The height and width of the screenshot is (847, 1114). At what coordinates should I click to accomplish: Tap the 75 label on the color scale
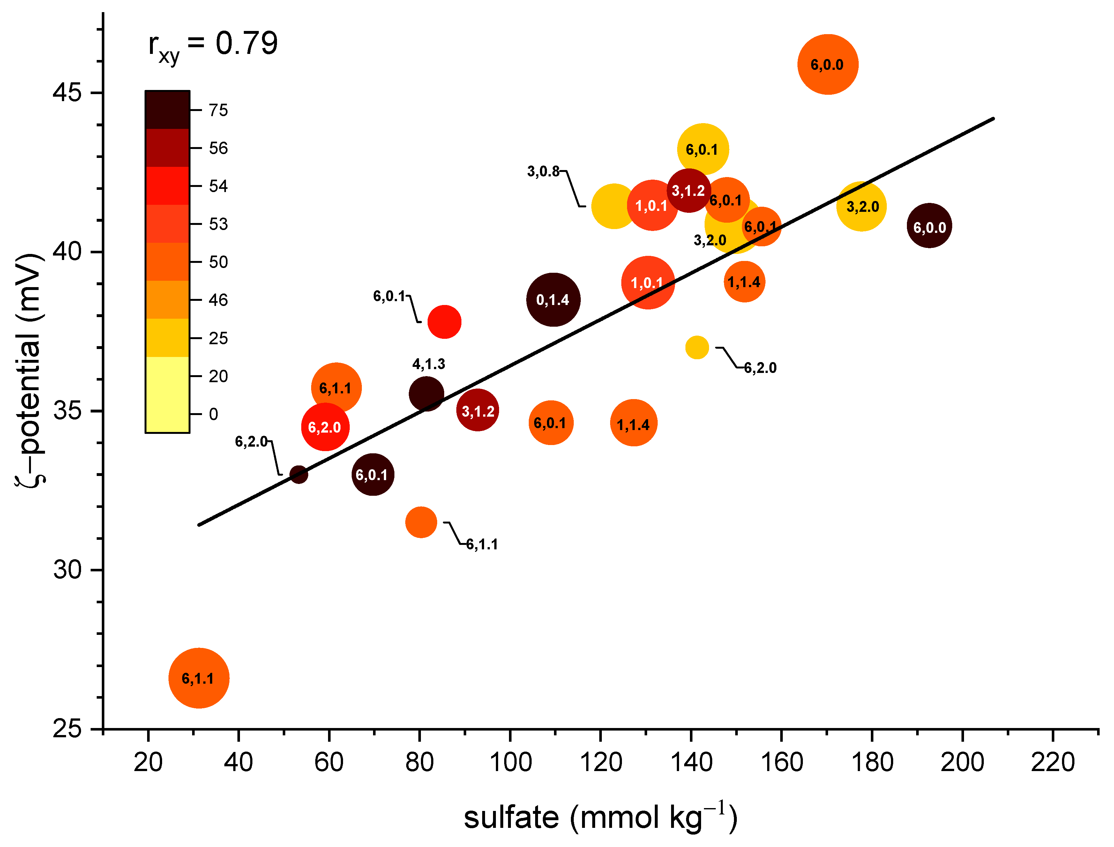click(218, 110)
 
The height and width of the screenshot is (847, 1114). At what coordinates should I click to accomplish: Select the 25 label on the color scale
click(218, 338)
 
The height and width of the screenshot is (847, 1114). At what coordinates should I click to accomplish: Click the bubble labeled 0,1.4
click(553, 300)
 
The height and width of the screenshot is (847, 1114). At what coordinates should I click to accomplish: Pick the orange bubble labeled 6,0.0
click(827, 64)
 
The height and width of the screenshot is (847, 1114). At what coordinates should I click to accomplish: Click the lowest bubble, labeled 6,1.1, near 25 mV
click(199, 678)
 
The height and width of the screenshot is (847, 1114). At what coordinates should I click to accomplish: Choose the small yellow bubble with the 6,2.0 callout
click(697, 347)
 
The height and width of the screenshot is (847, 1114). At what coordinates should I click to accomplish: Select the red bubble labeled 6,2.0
click(325, 427)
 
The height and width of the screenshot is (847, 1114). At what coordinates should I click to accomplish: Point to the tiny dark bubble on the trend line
click(299, 474)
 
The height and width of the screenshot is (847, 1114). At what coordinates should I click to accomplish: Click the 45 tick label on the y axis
click(67, 93)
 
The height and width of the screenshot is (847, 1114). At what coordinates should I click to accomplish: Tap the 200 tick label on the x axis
click(962, 762)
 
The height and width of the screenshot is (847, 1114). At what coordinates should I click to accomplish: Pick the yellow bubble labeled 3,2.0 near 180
click(861, 207)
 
